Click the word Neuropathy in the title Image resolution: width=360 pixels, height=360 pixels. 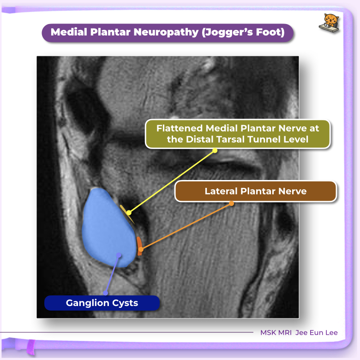(153, 33)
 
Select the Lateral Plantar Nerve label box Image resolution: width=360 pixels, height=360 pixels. (255, 191)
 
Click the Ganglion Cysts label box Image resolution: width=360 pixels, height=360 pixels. (102, 303)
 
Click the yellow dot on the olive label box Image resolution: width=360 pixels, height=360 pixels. (215, 150)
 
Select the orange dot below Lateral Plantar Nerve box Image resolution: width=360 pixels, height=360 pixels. (231, 203)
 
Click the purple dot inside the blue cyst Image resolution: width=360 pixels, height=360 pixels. (119, 255)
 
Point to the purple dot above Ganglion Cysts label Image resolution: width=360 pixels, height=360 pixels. (105, 293)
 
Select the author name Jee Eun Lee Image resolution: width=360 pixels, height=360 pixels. (318, 332)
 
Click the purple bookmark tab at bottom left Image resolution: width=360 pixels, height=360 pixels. (31, 345)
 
